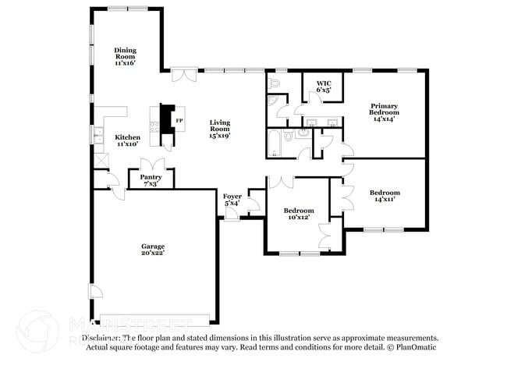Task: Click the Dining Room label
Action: (x=125, y=55)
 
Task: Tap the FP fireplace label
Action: (x=179, y=121)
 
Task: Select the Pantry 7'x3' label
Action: (x=151, y=180)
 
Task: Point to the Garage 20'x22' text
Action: (x=153, y=250)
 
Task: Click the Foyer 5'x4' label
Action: (x=232, y=200)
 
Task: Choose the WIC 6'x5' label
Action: (x=324, y=86)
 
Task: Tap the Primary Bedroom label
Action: (x=385, y=112)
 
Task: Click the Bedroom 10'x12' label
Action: (x=299, y=214)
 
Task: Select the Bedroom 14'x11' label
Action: (x=385, y=196)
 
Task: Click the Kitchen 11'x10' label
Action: (x=128, y=140)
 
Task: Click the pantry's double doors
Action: (x=151, y=164)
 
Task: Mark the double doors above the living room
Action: (x=183, y=75)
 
